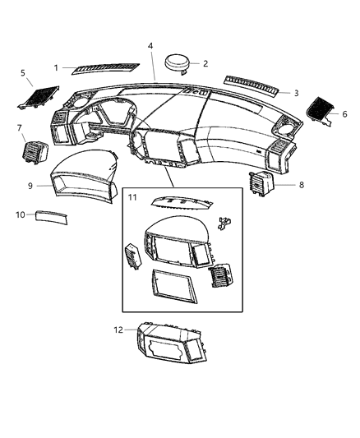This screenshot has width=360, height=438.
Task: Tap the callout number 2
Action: pyautogui.click(x=205, y=63)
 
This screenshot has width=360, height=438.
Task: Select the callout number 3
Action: pyautogui.click(x=296, y=93)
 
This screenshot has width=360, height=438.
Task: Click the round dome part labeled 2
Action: pyautogui.click(x=176, y=63)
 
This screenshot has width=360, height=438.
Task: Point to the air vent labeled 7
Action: pyautogui.click(x=36, y=152)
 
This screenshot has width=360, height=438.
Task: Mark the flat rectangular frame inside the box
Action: pyautogui.click(x=172, y=288)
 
